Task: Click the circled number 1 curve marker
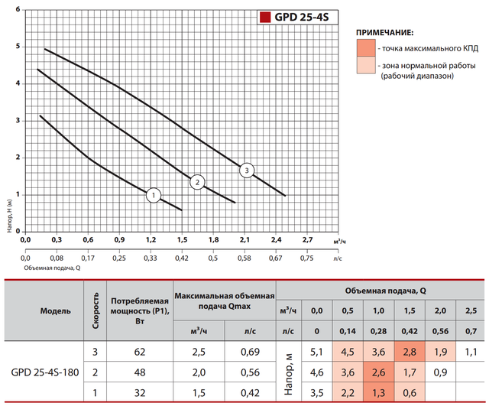[x=153, y=195]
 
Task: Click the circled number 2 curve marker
[x=197, y=182]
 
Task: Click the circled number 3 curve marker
[x=246, y=171]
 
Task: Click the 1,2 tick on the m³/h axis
[x=151, y=241]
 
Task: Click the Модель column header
[x=55, y=311]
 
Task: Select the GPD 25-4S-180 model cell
[x=46, y=372]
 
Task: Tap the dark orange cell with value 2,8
[x=410, y=353]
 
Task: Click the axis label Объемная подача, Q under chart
[x=52, y=268]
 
